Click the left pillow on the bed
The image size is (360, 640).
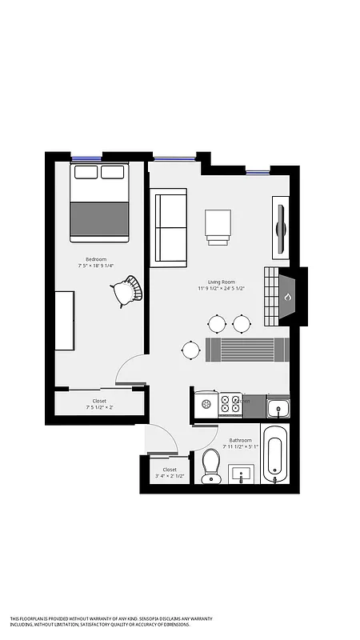click(86, 172)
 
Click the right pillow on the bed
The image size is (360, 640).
click(113, 172)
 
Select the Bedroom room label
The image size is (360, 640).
click(97, 259)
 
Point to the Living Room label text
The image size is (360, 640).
click(222, 282)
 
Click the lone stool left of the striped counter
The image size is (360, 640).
click(190, 350)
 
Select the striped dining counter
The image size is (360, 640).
click(246, 350)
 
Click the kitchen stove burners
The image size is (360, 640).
click(230, 404)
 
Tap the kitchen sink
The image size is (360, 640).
click(278, 408)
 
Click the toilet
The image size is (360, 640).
click(211, 465)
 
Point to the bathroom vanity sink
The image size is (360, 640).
click(241, 474)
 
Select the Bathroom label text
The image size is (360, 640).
click(241, 440)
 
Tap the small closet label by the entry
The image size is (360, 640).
click(170, 473)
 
